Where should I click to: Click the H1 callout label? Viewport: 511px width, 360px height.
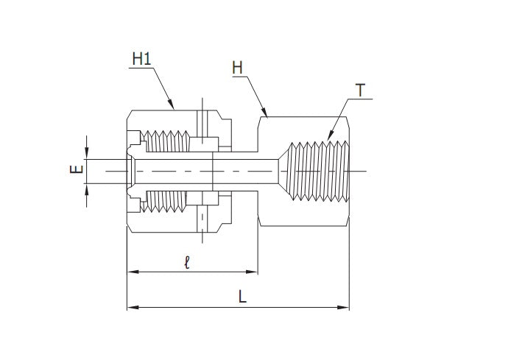141,58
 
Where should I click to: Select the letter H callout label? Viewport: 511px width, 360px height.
237,68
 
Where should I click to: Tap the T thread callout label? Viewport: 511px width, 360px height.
360,91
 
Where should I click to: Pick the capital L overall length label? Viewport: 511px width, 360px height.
242,296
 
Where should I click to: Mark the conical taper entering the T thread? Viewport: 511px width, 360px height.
282,171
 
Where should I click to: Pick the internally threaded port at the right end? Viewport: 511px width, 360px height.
320,171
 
